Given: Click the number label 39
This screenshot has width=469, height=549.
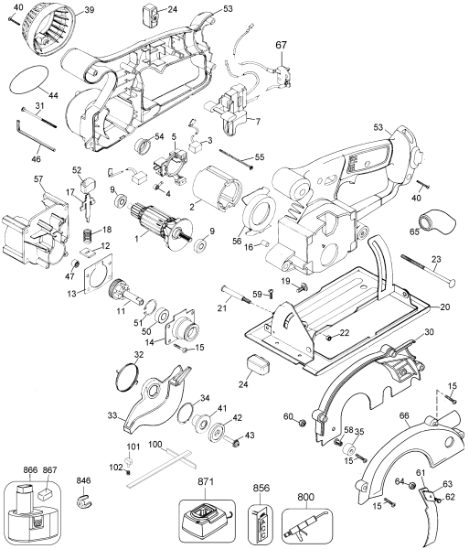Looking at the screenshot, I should point(90,10).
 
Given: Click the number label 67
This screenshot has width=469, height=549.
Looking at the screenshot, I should point(281,44).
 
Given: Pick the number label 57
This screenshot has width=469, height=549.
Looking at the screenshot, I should point(39,178).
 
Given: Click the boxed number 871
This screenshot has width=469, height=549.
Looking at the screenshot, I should point(205,481).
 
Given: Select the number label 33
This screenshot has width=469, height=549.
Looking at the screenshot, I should point(112,415).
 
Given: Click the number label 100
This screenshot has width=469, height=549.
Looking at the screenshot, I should point(155,444).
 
